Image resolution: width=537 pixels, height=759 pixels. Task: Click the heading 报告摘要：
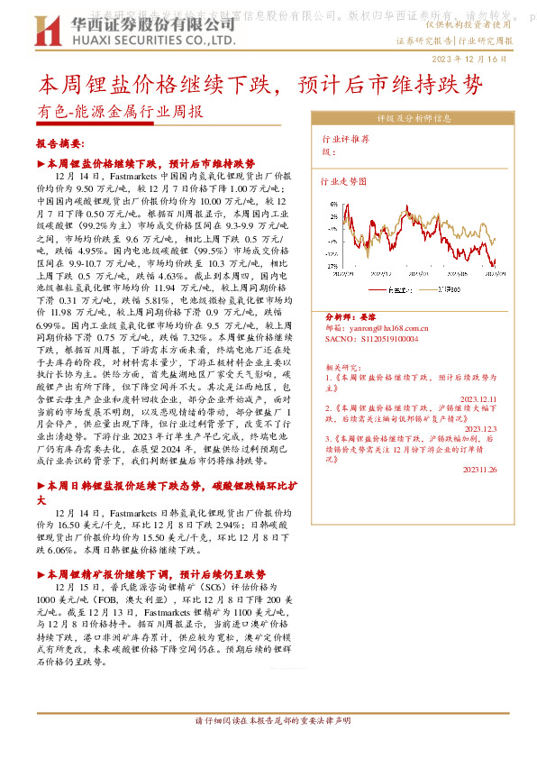[62, 144]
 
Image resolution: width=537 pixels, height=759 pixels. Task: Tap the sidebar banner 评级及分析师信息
[414, 118]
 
